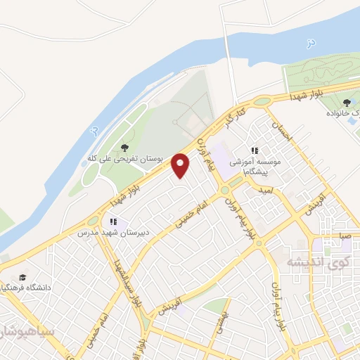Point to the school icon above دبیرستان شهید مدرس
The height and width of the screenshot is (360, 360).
pos(113,221)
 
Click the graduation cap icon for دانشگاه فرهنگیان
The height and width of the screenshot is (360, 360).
pos(22,278)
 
